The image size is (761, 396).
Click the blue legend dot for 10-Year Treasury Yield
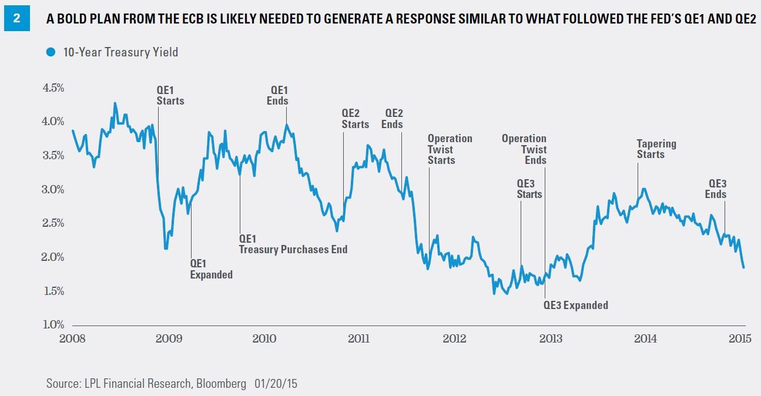click(50, 52)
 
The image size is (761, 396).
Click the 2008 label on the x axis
click(72, 339)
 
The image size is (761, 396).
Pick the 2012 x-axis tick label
click(454, 339)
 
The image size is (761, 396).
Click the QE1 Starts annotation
click(170, 95)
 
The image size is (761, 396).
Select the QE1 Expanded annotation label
click(212, 269)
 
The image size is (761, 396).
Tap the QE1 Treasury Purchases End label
click(293, 244)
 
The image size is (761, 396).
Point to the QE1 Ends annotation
click(279, 95)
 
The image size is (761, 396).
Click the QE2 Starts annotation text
click(355, 119)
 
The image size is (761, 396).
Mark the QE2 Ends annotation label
click(393, 119)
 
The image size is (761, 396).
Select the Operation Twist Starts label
click(450, 149)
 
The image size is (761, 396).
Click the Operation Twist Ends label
click(524, 149)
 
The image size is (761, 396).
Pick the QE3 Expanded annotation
click(575, 305)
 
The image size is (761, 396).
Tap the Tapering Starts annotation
click(656, 149)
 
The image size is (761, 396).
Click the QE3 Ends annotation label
click(718, 189)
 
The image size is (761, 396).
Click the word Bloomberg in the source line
click(221, 384)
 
